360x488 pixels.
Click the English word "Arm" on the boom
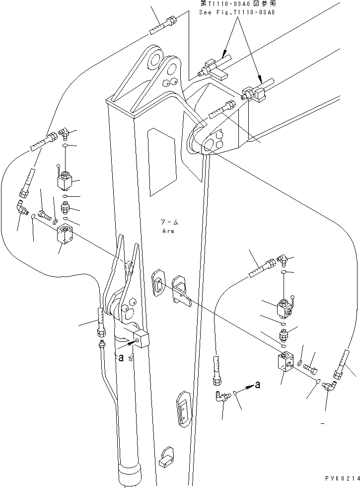[168, 231]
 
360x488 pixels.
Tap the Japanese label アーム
[168, 223]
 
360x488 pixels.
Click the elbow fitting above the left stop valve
[63, 131]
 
